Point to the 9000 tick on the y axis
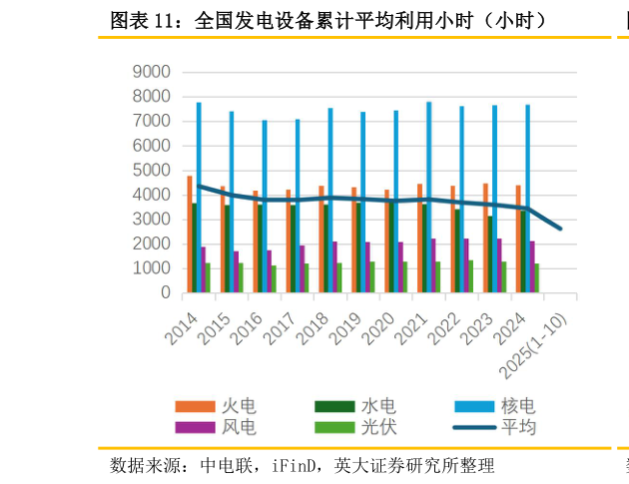152,72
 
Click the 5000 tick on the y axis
152,171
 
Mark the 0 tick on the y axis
165,293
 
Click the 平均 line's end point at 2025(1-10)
560,229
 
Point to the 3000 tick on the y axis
152,220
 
